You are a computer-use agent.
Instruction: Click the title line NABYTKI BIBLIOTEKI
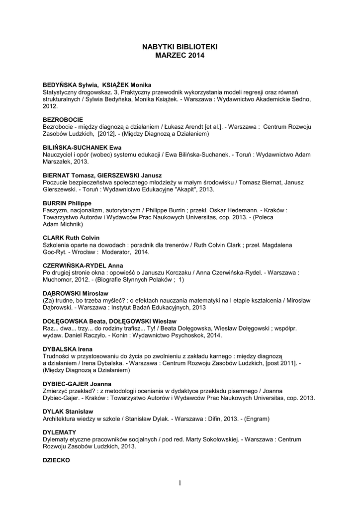pos(180,47)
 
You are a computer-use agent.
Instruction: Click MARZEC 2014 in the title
pos(180,56)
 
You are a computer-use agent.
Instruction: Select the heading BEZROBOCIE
pos(63,120)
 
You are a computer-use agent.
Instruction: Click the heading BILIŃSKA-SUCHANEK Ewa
pos(82,148)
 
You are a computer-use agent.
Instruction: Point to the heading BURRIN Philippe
pos(67,203)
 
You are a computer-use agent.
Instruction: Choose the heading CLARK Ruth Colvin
pos(71,238)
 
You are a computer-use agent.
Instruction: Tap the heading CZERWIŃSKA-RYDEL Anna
pos(83,265)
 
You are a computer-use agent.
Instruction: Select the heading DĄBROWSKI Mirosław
pos(75,293)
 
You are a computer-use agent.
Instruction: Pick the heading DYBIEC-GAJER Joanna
pos(77,384)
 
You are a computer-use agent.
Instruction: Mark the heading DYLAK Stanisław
pos(68,412)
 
